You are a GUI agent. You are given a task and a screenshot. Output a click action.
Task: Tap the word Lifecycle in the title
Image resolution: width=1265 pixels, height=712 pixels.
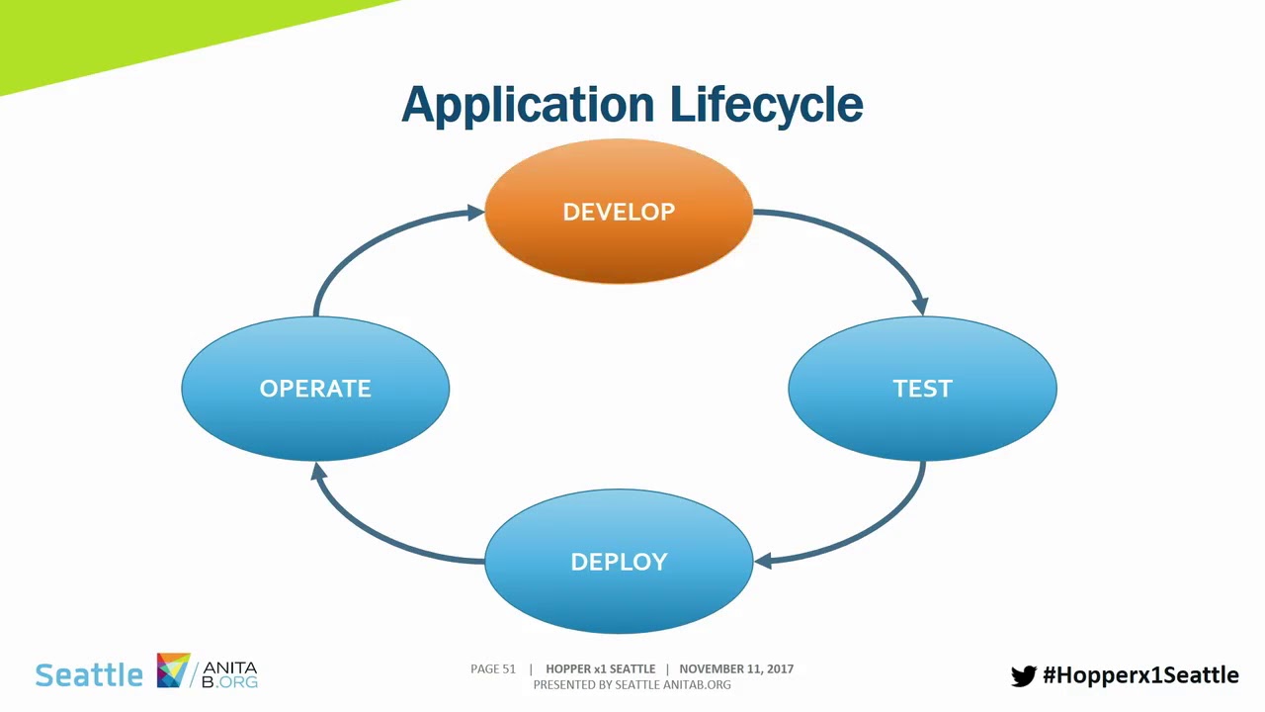(x=766, y=105)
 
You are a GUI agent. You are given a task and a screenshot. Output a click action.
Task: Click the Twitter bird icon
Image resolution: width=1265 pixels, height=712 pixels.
(x=1023, y=675)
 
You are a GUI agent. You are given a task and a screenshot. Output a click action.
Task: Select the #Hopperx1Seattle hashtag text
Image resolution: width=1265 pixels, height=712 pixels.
(x=1140, y=675)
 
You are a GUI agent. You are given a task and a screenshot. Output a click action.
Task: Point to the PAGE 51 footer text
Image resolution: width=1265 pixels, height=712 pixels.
(x=493, y=669)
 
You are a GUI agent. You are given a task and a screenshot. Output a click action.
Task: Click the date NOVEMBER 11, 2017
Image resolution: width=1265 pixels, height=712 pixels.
(x=736, y=669)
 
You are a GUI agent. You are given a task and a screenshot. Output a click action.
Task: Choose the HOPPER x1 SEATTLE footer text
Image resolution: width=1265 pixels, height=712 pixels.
(x=600, y=669)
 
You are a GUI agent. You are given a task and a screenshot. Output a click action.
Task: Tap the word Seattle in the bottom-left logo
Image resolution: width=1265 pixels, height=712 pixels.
(x=89, y=675)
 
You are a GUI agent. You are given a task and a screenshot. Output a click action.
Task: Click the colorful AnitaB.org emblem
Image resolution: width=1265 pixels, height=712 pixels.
(x=173, y=670)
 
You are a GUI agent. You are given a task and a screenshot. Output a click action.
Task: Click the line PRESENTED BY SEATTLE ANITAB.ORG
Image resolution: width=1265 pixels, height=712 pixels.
(x=632, y=684)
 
